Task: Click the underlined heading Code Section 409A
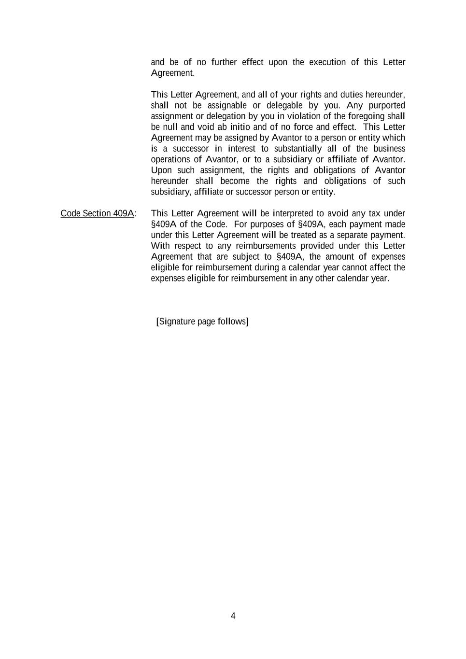(97, 213)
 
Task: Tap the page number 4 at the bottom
(233, 616)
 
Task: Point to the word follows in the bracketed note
(232, 322)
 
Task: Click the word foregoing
(367, 116)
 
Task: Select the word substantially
(298, 149)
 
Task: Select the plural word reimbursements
(266, 246)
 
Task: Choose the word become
(235, 181)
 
